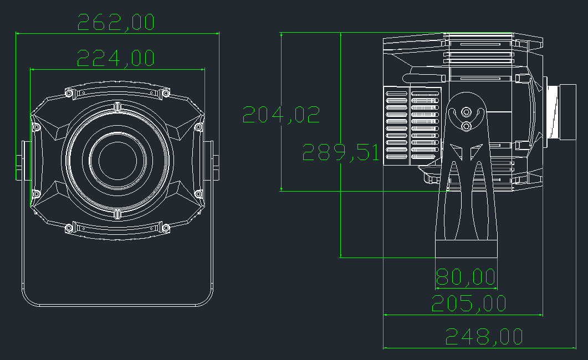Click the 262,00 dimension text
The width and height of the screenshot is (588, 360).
coord(116,22)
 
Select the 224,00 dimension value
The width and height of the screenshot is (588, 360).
coord(115,58)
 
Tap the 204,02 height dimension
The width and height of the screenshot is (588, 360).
coord(281,114)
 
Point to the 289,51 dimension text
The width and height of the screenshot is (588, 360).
coord(340,152)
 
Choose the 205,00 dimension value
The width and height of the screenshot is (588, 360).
coord(469,304)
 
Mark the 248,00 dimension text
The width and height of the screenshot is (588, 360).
coord(484,336)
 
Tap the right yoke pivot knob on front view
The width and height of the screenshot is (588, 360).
coord(215,161)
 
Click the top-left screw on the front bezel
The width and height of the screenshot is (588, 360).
coord(69,93)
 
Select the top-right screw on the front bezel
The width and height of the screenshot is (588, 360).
coord(165,93)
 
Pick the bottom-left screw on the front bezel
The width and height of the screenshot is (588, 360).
coord(69,227)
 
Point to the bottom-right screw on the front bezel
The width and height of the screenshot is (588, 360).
coord(165,227)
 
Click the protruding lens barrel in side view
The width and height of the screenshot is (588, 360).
coord(566,112)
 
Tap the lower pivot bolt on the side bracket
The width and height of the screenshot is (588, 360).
coord(467,127)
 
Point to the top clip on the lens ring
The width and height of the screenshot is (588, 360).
coord(117,106)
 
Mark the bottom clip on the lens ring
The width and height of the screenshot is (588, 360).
coord(117,214)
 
